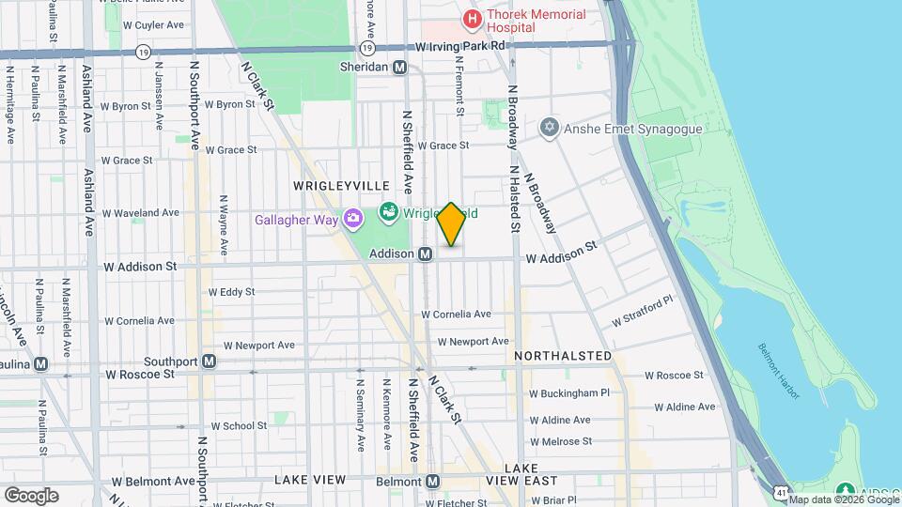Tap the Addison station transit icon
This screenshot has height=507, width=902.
coord(425,254)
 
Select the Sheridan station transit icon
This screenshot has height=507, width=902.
coord(400,68)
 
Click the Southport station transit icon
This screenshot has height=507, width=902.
coord(209,361)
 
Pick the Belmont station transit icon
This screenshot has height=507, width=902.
coord(432,481)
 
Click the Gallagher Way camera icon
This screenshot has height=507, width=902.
coord(353,220)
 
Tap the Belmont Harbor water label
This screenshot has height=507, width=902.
coord(779,371)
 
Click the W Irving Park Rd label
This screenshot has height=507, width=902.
coord(461,45)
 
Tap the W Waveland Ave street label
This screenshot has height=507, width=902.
coord(141,213)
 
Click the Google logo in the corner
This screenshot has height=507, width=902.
coord(31,495)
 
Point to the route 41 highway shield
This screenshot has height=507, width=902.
coord(781,492)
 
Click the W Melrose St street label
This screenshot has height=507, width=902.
coord(560,440)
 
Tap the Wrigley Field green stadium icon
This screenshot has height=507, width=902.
coord(387,213)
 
